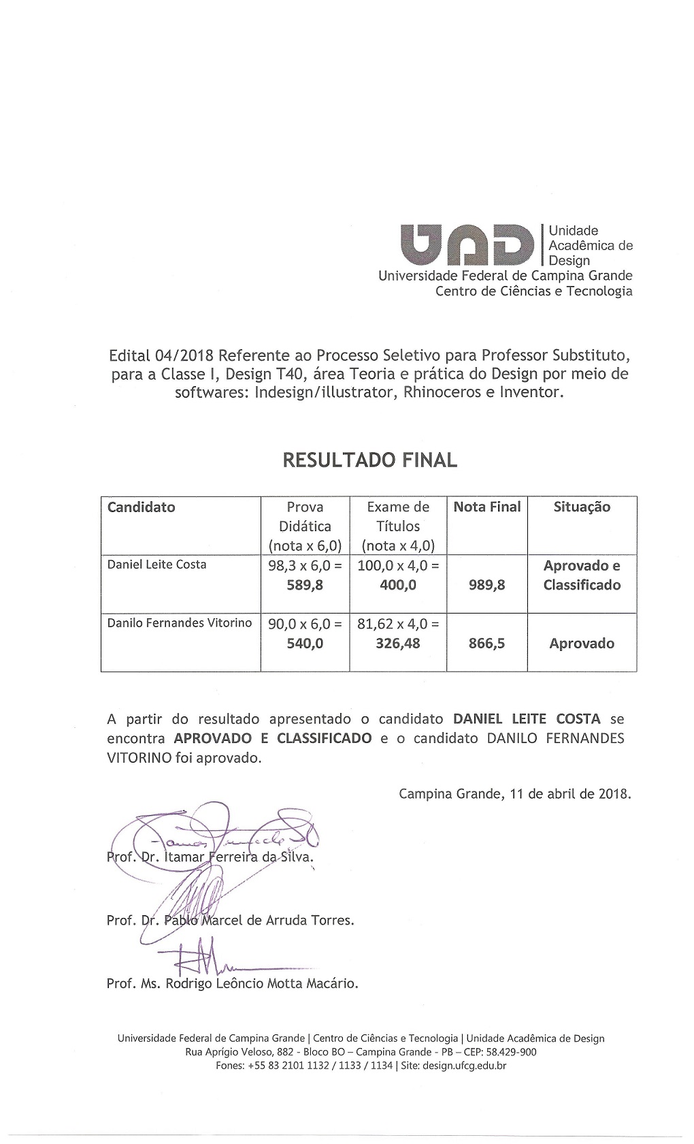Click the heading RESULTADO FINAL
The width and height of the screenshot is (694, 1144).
[370, 460]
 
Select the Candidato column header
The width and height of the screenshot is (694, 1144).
[142, 507]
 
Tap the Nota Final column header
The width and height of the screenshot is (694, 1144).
[487, 507]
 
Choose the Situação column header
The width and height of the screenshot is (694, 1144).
[582, 507]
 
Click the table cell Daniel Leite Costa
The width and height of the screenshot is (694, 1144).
[157, 565]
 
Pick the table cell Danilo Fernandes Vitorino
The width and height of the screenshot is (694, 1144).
[180, 622]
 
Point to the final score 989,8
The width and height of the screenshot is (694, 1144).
[487, 585]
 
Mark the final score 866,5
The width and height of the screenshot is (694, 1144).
[487, 643]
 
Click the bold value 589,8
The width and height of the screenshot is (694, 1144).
[305, 585]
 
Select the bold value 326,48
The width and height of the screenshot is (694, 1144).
[398, 643]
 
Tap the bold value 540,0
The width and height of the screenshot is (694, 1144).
[305, 643]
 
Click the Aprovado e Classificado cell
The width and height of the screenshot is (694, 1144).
[582, 575]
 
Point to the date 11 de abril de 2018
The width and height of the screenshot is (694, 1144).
[570, 793]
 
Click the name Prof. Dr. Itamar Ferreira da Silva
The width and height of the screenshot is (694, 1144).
[210, 857]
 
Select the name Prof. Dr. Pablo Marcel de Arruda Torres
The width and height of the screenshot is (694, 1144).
[231, 921]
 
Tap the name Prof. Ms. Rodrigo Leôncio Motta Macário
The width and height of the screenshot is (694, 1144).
[232, 983]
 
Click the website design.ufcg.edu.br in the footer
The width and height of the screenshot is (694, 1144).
[464, 1066]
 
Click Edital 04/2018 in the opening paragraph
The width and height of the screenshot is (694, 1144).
[161, 355]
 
